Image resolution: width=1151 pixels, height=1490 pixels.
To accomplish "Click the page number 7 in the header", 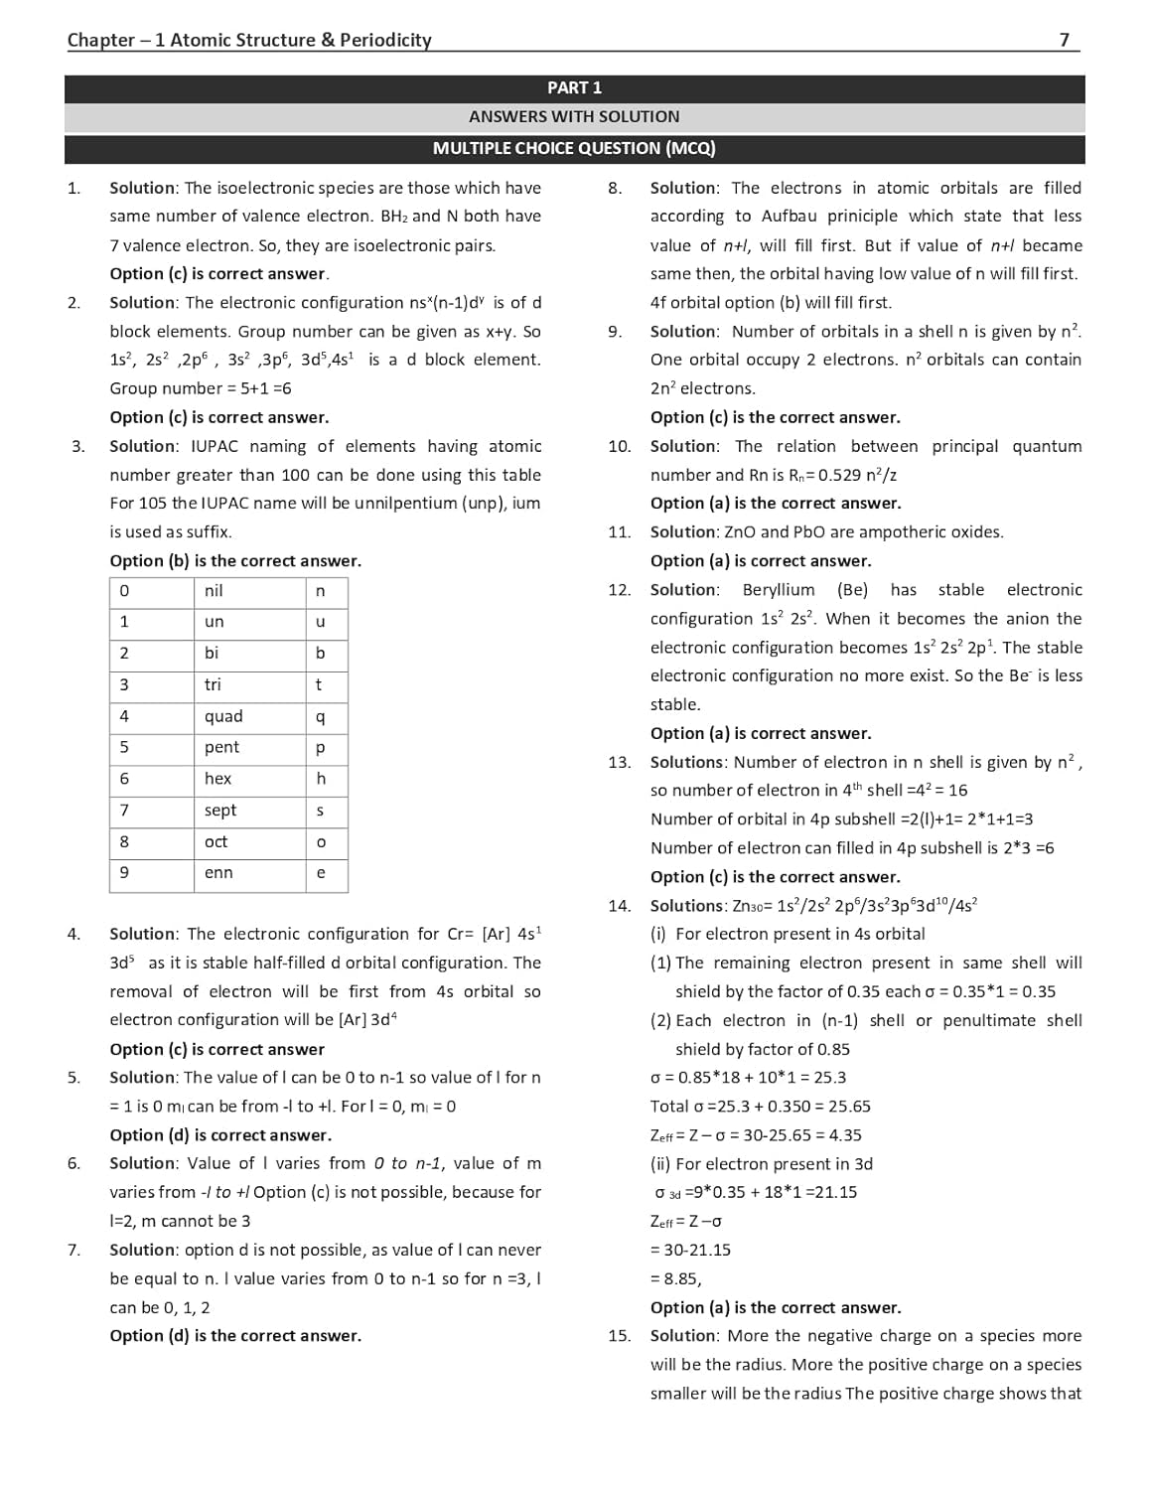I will point(1064,40).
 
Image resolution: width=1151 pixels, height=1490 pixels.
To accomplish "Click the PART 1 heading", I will point(574,87).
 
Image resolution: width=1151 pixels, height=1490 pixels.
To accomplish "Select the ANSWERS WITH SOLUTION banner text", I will point(574,117).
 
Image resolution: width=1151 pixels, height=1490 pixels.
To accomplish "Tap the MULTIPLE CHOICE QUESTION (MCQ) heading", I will point(574,148).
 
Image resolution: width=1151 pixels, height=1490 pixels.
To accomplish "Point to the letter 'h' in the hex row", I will point(321,779).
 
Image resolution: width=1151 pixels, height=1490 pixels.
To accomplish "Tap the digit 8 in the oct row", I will point(124,841).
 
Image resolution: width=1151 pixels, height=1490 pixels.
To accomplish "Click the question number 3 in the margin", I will point(77,446).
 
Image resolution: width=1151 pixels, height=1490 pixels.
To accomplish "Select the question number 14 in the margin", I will point(620,906).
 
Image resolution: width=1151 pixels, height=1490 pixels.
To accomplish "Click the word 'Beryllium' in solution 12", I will point(779,590).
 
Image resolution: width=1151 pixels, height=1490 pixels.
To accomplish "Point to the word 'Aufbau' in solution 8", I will point(787,217).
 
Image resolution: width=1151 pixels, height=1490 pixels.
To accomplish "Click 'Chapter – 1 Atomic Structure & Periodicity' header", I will point(249,40).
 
